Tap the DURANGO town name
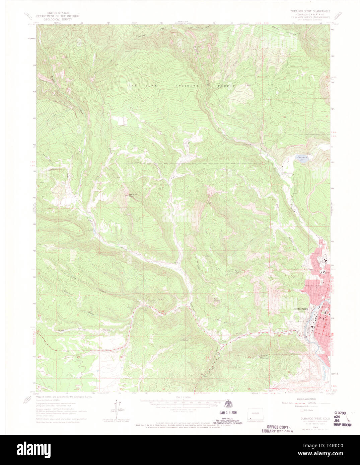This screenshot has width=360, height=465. tap(300, 309)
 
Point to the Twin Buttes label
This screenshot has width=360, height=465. tap(216, 300)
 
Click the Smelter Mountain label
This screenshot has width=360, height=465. tap(265, 356)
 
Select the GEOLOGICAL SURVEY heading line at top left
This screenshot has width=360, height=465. tap(58, 19)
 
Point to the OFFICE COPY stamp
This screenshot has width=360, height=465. tap(278, 427)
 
